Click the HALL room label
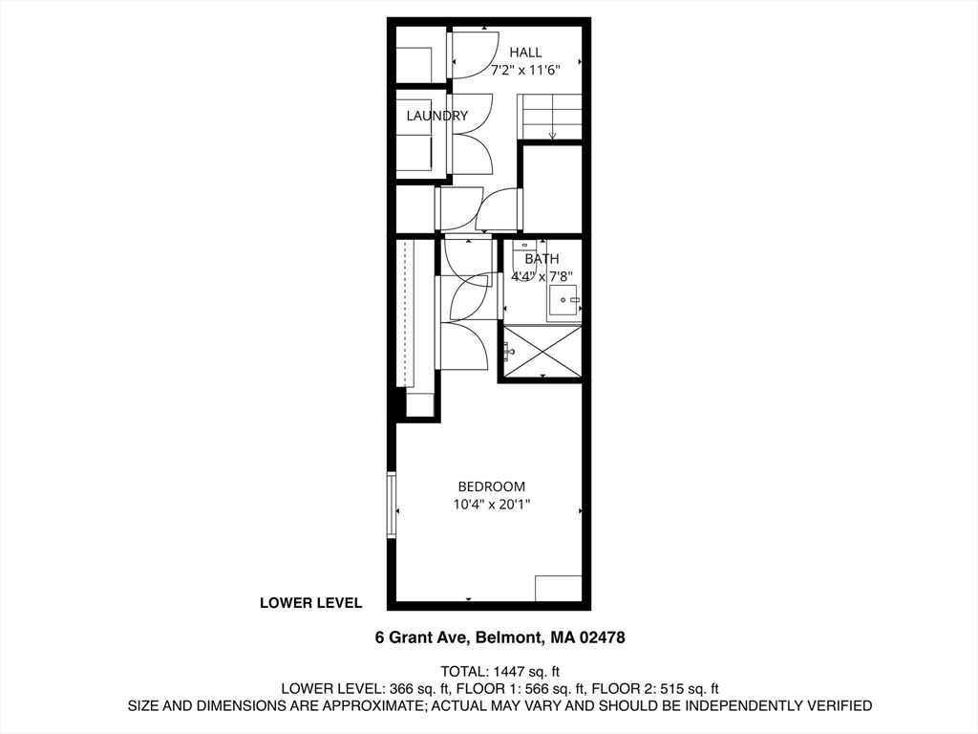pyautogui.click(x=525, y=53)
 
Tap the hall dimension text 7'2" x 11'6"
pyautogui.click(x=525, y=70)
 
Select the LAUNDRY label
pyautogui.click(x=436, y=117)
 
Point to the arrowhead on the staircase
pyautogui.click(x=552, y=136)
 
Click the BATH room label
pyautogui.click(x=542, y=259)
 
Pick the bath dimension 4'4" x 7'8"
pyautogui.click(x=542, y=278)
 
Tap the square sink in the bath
pyautogui.click(x=563, y=300)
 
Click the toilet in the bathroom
pyautogui.click(x=524, y=260)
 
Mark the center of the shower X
pyautogui.click(x=542, y=352)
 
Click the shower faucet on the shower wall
pyautogui.click(x=508, y=351)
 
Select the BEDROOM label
pyautogui.click(x=491, y=486)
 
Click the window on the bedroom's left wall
pyautogui.click(x=392, y=505)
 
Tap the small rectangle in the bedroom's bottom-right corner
pyautogui.click(x=558, y=588)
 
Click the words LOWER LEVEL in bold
pyautogui.click(x=310, y=603)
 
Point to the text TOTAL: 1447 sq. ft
pyautogui.click(x=500, y=670)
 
